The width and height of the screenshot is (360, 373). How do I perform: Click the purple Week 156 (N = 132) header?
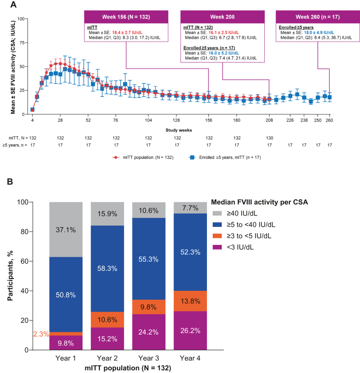click(x=126, y=17)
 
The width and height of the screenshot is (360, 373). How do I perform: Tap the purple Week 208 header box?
click(x=222, y=17)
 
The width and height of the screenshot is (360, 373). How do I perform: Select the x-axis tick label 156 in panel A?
click(x=208, y=121)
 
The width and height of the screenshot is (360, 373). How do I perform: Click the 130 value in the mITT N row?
click(x=270, y=138)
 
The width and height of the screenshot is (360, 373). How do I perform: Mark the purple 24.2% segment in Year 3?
click(x=150, y=332)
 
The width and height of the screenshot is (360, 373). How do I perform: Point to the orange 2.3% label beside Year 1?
click(x=40, y=334)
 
